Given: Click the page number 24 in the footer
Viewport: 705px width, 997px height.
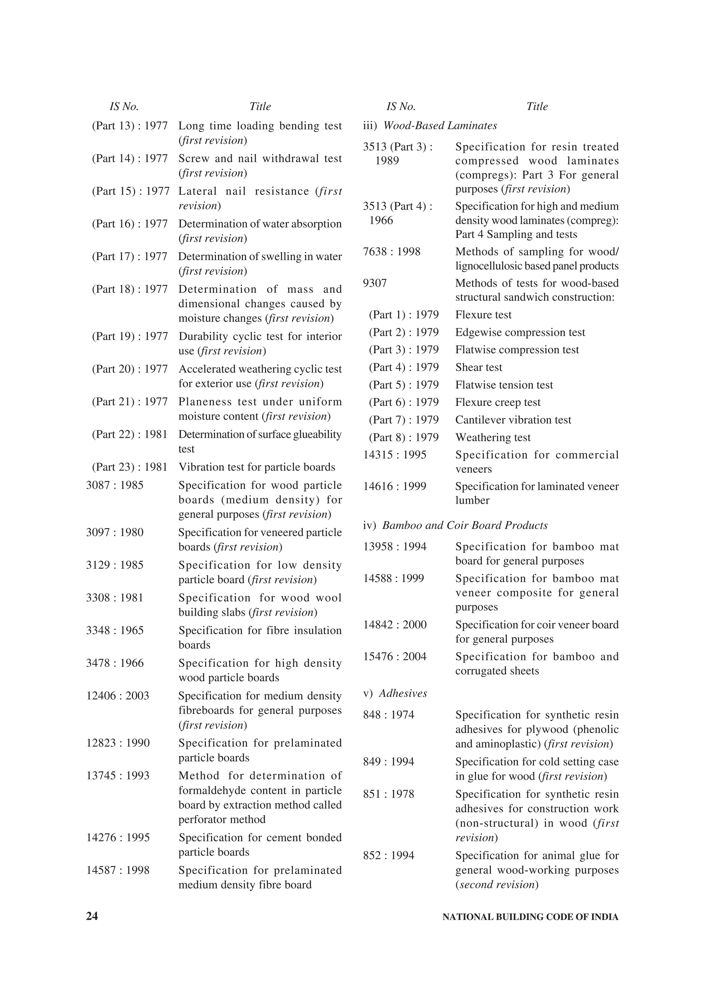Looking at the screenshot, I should tap(92, 916).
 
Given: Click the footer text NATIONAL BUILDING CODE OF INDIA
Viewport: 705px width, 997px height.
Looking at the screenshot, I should tap(530, 917).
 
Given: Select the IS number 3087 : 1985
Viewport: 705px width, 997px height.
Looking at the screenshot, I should tap(115, 485).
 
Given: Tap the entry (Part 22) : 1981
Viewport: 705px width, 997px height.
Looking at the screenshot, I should tap(129, 434).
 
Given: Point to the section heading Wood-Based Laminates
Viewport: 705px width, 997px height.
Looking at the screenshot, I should tap(440, 126).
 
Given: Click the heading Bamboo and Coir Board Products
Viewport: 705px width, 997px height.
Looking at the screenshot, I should tap(464, 525).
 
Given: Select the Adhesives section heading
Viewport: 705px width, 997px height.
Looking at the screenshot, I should tap(403, 694).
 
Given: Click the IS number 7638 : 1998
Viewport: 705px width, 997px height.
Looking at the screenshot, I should tap(391, 251).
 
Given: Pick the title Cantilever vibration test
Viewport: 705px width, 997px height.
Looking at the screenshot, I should tap(513, 420).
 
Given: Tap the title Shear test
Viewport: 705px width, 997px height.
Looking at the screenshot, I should tap(478, 367).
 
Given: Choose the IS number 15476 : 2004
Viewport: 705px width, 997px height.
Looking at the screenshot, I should tap(394, 656).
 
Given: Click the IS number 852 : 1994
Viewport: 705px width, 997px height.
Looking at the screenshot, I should tap(388, 856).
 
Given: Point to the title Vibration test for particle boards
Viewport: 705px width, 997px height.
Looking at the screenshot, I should tap(257, 467).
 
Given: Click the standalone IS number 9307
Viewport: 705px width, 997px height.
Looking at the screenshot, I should tap(375, 283).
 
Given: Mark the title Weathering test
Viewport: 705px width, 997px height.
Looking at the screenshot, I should tap(493, 437).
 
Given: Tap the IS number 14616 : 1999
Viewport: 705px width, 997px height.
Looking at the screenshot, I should tap(394, 486).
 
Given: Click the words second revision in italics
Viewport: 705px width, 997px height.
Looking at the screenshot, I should tap(497, 885).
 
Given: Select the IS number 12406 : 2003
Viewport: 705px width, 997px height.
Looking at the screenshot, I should tap(118, 696).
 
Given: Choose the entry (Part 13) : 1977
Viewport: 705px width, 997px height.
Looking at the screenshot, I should tap(129, 126).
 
